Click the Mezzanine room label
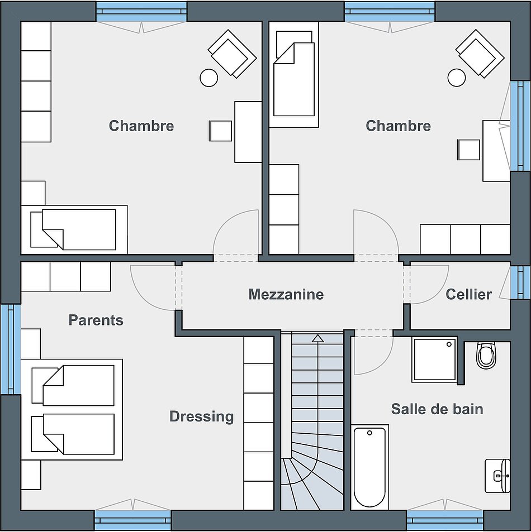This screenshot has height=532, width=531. tap(286, 294)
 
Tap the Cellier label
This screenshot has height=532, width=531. tap(468, 294)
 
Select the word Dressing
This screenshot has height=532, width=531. tap(201, 416)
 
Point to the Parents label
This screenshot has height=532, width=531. tap(96, 320)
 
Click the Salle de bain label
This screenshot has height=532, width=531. tap(437, 409)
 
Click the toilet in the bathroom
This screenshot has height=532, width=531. tap(486, 356)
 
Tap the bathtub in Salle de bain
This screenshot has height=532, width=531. tap(369, 467)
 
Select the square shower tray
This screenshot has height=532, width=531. tap(434, 360)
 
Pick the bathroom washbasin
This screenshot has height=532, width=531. tap(497, 476)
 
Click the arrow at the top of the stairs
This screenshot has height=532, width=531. tap(317, 338)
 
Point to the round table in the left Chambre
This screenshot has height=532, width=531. tap(208, 78)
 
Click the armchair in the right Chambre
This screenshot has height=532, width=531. tap(480, 53)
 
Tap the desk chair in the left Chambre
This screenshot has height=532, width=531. tap(220, 131)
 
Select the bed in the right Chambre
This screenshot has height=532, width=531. tap(294, 74)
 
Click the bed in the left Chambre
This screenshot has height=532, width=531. tap(74, 229)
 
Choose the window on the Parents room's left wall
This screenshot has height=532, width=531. tap(11, 349)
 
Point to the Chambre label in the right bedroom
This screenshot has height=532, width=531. tap(398, 126)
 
